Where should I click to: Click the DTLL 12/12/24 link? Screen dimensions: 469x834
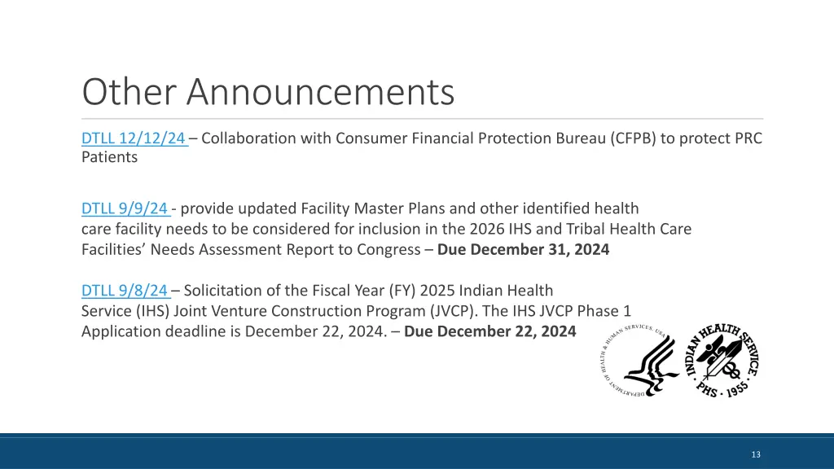click(133, 138)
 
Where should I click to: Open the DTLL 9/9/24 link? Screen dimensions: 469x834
click(125, 209)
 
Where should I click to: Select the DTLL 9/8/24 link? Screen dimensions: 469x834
click(125, 291)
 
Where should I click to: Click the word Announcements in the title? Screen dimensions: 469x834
click(320, 92)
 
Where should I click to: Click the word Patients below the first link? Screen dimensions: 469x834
click(109, 158)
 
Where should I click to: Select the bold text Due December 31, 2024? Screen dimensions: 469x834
click(523, 250)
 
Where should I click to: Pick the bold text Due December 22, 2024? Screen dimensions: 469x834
click(490, 331)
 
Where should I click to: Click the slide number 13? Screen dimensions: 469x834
click(756, 454)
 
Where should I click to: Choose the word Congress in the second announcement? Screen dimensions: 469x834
click(388, 250)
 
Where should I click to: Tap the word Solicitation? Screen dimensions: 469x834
click(222, 291)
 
